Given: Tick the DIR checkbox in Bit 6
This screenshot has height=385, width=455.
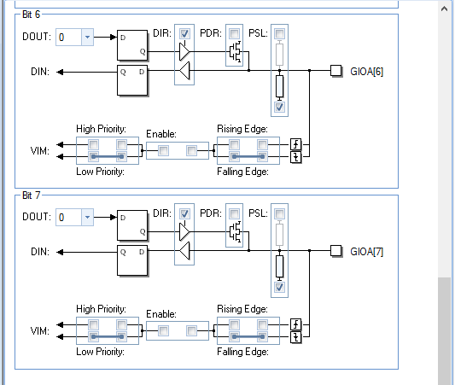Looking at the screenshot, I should point(184,34).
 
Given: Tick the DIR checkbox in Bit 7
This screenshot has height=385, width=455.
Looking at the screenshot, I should point(184,214).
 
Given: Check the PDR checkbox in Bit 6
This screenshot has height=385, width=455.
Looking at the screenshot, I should point(234,34).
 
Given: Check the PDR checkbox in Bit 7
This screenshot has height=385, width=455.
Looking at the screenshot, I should point(234,214).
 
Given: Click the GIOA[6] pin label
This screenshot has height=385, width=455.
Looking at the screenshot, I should point(367,72).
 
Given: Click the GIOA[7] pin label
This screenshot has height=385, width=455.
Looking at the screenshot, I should point(367,252).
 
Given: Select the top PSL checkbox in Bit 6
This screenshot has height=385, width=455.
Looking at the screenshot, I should point(279,34).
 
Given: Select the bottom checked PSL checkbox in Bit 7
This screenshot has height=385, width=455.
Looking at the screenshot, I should point(279,287).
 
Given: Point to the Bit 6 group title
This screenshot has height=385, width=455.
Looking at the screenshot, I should point(32,15).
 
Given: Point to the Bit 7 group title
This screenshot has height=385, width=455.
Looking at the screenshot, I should point(32,195).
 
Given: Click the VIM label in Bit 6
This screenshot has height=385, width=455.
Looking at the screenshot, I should point(39,151).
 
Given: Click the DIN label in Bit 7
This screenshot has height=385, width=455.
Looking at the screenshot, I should point(39,252).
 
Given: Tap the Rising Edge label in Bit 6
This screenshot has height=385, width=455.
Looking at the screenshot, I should point(242,129).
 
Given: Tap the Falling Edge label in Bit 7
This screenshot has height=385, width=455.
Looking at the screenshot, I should point(243,352).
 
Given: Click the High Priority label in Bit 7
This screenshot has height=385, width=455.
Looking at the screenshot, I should point(100,309).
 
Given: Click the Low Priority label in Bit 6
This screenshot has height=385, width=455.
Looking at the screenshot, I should point(100,172).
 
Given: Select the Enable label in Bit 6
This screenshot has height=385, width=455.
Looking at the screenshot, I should point(162,134).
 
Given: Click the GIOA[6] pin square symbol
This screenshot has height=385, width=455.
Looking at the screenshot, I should point(337,71).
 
